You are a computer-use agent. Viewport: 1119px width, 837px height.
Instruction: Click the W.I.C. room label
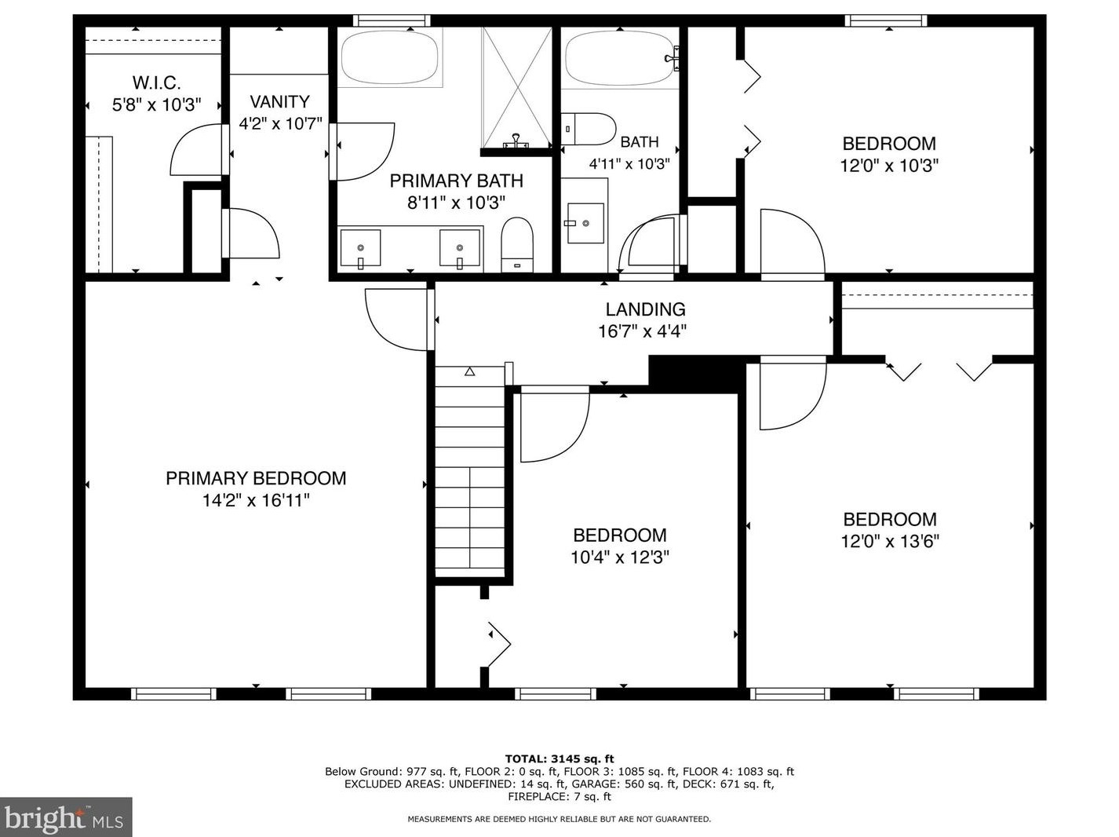[x=156, y=82]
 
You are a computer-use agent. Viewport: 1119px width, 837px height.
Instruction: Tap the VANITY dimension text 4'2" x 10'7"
[x=280, y=123]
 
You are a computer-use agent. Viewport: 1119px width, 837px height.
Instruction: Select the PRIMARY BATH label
[x=456, y=181]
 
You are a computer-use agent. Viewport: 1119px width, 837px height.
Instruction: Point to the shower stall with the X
[x=517, y=89]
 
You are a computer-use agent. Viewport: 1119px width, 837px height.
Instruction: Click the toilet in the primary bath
[x=517, y=245]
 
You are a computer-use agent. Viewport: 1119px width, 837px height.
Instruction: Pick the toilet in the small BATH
[x=589, y=129]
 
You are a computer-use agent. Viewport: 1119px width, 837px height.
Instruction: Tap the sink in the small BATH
[x=585, y=223]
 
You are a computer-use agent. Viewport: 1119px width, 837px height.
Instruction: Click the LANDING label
[x=645, y=309]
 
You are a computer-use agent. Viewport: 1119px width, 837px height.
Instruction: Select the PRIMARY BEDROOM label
[x=256, y=478]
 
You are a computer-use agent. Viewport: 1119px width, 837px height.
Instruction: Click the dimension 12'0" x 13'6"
[x=890, y=541]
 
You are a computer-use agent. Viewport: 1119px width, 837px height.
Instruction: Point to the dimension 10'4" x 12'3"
[x=619, y=557]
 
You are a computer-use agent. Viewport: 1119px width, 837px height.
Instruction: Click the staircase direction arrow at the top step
[x=469, y=372]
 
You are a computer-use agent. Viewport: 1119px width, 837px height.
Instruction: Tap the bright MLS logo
[x=66, y=817]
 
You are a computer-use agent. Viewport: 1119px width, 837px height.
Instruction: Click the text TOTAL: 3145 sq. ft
[x=559, y=759]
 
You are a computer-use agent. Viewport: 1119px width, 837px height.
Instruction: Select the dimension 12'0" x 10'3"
[x=889, y=166]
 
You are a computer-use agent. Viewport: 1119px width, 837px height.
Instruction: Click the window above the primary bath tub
[x=392, y=20]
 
